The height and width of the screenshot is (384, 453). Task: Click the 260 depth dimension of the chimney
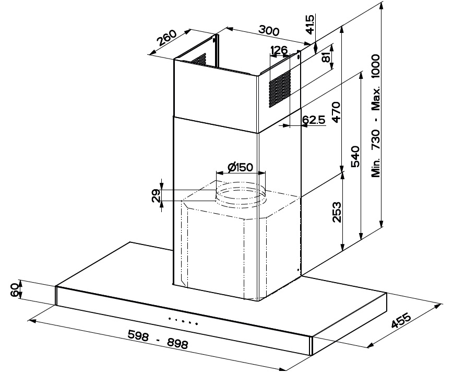[x=166, y=38]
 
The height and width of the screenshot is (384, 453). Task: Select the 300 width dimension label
[x=269, y=30]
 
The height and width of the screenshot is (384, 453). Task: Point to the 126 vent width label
[x=279, y=50]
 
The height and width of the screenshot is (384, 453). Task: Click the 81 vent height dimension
[x=326, y=57]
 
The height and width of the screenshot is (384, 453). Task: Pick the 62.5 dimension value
[x=314, y=120]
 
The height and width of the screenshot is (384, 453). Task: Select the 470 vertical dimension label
[x=337, y=112]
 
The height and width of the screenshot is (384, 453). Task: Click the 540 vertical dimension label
[x=355, y=157]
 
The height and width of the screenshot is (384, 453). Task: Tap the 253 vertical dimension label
[x=337, y=212]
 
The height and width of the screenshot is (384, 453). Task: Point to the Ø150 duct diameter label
[x=241, y=167]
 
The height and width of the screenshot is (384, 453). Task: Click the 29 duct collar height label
[x=156, y=195]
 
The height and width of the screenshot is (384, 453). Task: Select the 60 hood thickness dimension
[x=15, y=290]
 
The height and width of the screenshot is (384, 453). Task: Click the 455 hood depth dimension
[x=401, y=320]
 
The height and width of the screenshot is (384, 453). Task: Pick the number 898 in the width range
[x=177, y=343]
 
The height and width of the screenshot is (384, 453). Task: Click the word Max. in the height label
[x=376, y=98]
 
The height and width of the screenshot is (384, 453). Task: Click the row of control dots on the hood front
[x=183, y=321]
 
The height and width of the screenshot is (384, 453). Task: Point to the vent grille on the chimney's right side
[x=280, y=89]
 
